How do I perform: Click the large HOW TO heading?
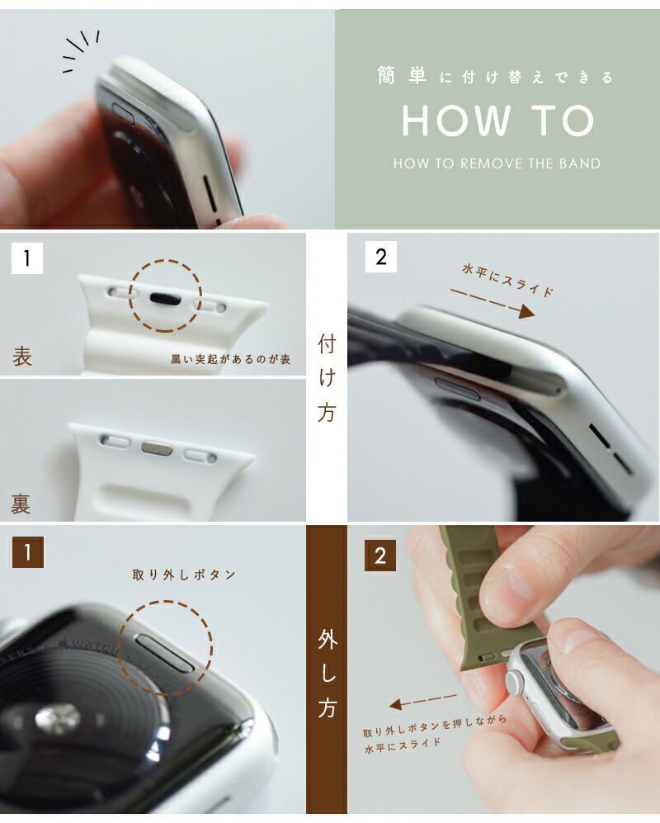(497, 121)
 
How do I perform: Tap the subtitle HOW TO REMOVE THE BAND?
(497, 163)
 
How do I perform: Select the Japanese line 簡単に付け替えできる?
(495, 77)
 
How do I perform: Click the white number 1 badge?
(26, 258)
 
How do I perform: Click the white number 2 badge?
(381, 257)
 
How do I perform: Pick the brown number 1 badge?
(28, 551)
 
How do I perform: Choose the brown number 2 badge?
(380, 556)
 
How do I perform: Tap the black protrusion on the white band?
(165, 299)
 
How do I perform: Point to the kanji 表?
(22, 356)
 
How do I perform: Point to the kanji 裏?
(21, 504)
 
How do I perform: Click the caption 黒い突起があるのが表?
(231, 360)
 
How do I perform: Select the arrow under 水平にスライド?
(493, 303)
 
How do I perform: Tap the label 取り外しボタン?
(184, 575)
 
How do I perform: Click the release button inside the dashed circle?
(165, 653)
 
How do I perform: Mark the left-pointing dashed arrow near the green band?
(423, 700)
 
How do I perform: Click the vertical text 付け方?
(327, 378)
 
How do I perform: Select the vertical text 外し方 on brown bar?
(327, 674)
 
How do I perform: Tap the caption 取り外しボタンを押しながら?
(435, 724)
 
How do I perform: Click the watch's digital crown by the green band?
(514, 680)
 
